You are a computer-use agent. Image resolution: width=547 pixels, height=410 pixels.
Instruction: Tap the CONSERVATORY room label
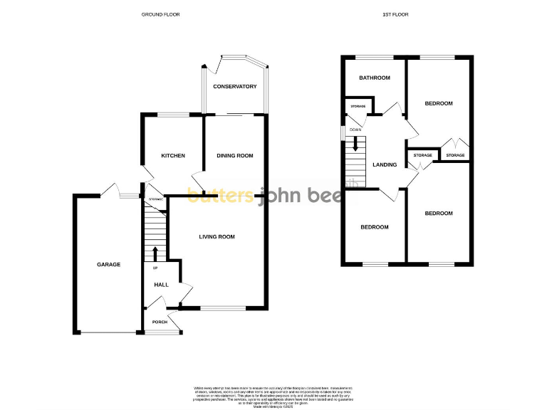(x=234, y=87)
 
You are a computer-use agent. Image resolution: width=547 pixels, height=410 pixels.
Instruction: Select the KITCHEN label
(x=173, y=156)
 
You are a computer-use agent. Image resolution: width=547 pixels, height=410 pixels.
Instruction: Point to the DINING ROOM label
(x=235, y=156)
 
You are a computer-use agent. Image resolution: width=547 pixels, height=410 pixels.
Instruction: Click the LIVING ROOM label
(x=217, y=237)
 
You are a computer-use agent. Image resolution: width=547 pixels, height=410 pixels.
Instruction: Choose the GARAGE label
(x=109, y=265)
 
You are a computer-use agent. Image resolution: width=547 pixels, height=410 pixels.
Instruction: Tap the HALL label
(x=162, y=285)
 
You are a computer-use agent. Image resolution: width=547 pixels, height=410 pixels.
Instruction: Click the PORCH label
(x=160, y=322)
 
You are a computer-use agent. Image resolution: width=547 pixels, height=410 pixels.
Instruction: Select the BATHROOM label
(x=375, y=78)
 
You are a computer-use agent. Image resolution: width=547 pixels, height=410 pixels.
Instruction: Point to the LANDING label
(x=385, y=164)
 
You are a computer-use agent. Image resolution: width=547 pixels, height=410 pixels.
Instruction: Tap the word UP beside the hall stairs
(x=155, y=268)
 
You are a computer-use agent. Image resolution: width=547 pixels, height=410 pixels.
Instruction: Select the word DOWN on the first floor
(x=355, y=130)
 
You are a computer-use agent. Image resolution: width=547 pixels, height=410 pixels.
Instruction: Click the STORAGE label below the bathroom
(x=358, y=107)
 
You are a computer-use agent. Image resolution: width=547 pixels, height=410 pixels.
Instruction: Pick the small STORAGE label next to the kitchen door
(x=156, y=199)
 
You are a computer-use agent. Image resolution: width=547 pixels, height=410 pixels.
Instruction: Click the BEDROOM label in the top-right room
(x=439, y=104)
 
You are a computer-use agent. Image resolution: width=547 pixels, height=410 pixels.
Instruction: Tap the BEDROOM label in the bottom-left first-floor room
(x=375, y=227)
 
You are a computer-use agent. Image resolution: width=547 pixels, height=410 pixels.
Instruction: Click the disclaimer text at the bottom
(x=273, y=395)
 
